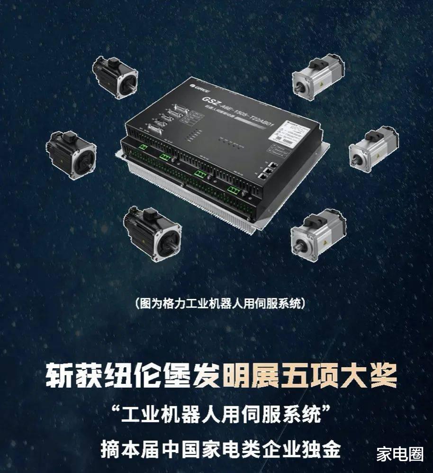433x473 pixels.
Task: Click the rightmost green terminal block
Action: pyautogui.click(x=233, y=191)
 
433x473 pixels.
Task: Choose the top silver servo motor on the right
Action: pyautogui.click(x=317, y=75)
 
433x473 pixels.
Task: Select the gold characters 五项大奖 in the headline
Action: pyautogui.click(x=337, y=375)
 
